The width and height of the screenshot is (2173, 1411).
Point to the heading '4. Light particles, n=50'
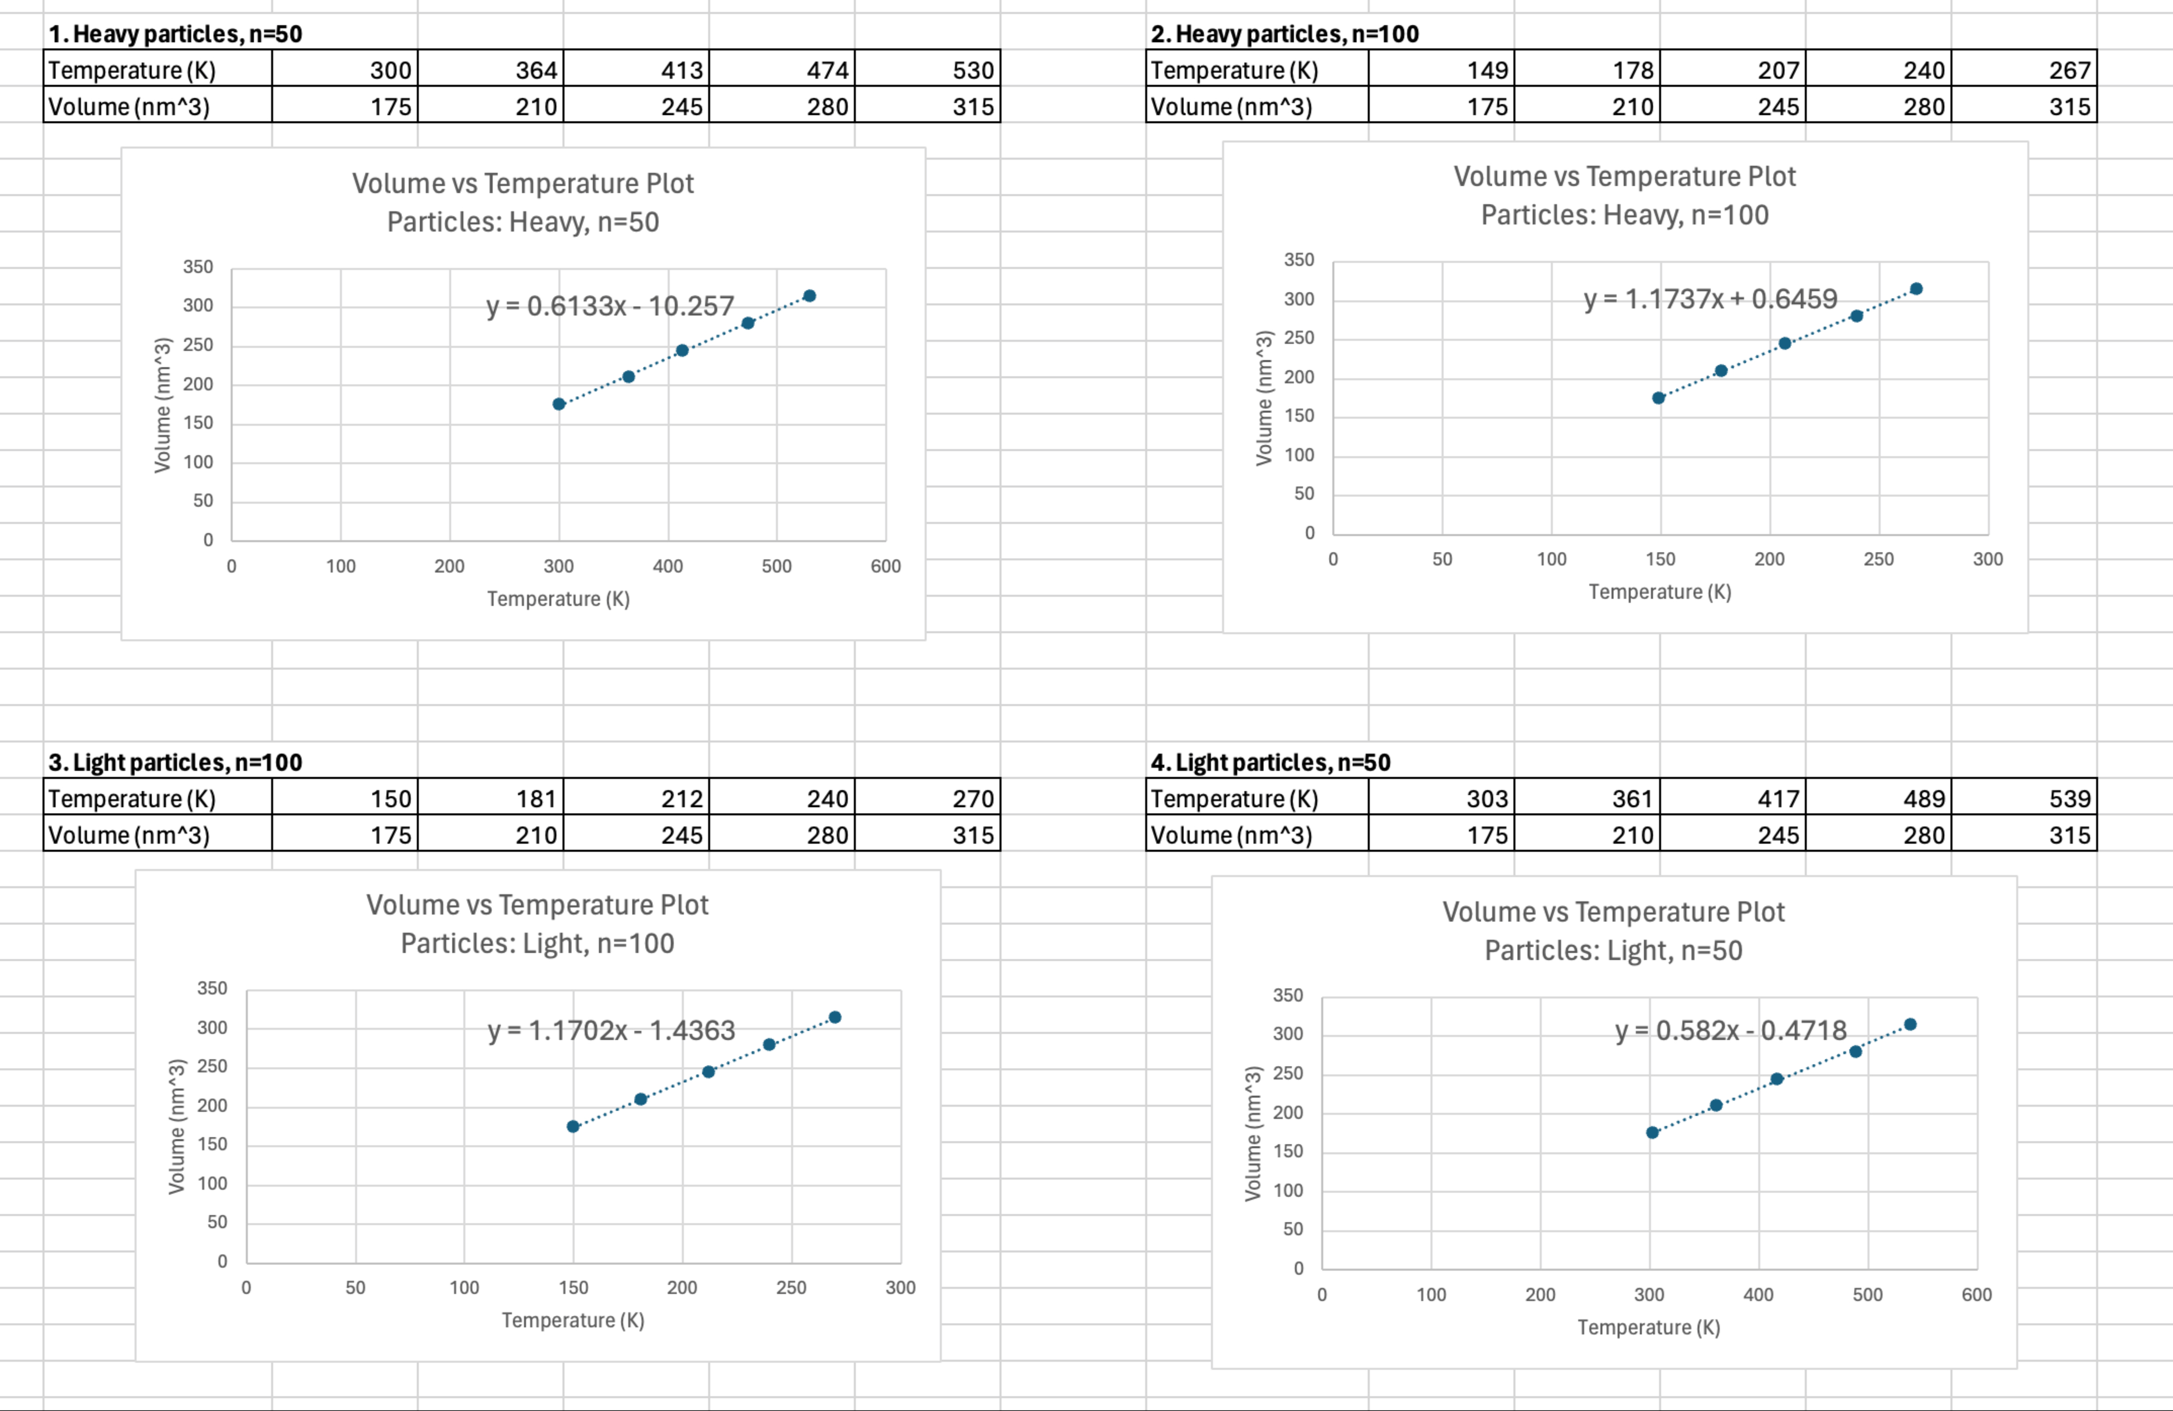pos(1270,762)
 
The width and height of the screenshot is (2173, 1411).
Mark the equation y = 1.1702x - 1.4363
pos(611,1030)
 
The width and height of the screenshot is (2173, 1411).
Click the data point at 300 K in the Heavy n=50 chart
pos(559,404)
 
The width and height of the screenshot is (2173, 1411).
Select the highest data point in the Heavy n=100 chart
pos(1917,288)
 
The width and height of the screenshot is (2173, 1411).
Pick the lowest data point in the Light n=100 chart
pos(574,1126)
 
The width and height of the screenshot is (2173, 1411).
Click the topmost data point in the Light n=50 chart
pos(1910,1024)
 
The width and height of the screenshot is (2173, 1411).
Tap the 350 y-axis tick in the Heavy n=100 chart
pos(1298,260)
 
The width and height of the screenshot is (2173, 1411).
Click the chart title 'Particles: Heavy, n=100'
pos(1624,216)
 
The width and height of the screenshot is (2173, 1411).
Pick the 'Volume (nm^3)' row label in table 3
pos(129,836)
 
